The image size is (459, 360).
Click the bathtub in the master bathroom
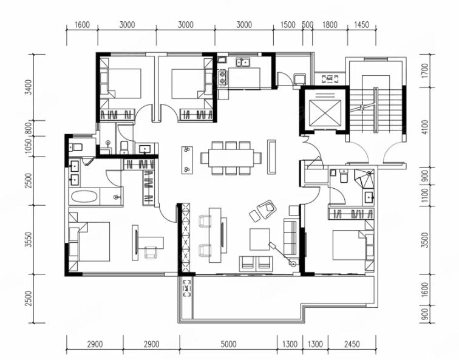(x=84, y=197)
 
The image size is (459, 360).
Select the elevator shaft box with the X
(x=325, y=113)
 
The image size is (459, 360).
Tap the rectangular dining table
(x=231, y=158)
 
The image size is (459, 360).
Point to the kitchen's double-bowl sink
(x=243, y=62)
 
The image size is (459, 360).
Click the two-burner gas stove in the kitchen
(x=222, y=77)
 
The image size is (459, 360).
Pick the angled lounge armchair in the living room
(x=267, y=209)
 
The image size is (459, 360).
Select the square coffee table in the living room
(x=260, y=239)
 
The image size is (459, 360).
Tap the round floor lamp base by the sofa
(x=293, y=263)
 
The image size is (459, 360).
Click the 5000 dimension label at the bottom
(x=228, y=344)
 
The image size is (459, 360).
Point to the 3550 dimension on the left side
(x=29, y=240)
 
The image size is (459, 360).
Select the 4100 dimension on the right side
(x=425, y=127)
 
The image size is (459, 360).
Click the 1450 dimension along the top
(x=361, y=24)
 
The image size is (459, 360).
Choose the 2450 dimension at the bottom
(x=352, y=344)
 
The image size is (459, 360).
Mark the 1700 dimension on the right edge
(x=425, y=70)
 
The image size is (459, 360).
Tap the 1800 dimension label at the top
(x=330, y=24)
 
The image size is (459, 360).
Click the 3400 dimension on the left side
(x=29, y=87)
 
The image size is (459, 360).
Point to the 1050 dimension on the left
(x=29, y=146)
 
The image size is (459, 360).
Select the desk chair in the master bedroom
(x=151, y=253)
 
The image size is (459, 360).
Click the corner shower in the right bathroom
(x=364, y=178)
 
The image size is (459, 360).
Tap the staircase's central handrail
(x=376, y=109)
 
